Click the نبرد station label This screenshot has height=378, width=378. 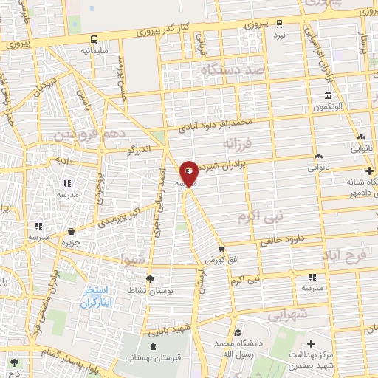[278, 35]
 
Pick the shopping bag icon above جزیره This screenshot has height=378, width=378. [71, 231]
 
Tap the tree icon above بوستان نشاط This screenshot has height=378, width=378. [151, 278]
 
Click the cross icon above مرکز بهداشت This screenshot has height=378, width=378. [311, 344]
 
